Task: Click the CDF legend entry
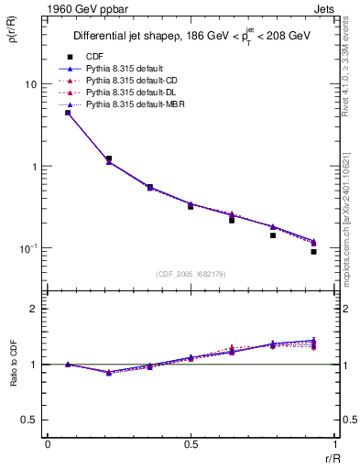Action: point(94,58)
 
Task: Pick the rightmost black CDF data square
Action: point(313,252)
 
